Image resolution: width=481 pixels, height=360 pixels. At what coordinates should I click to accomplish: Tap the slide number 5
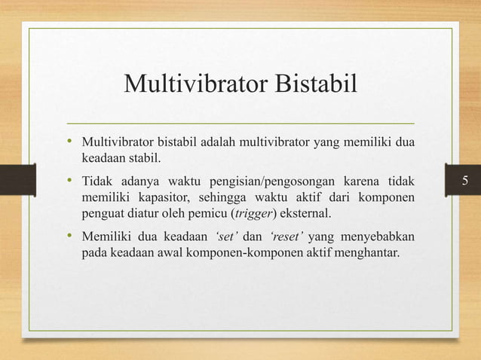465,181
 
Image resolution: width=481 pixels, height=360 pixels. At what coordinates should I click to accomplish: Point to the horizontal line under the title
240,122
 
